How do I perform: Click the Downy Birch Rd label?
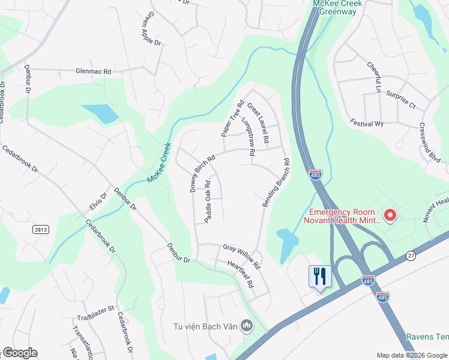(202, 174)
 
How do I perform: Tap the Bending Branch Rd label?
(276, 184)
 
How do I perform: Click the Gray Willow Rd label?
(241, 255)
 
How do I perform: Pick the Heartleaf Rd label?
(241, 273)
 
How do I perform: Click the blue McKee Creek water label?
(159, 163)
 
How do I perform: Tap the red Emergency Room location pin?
(390, 214)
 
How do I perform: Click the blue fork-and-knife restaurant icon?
(319, 277)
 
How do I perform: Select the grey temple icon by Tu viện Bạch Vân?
(246, 326)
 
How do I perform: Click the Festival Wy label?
(367, 123)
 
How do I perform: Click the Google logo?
(20, 353)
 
